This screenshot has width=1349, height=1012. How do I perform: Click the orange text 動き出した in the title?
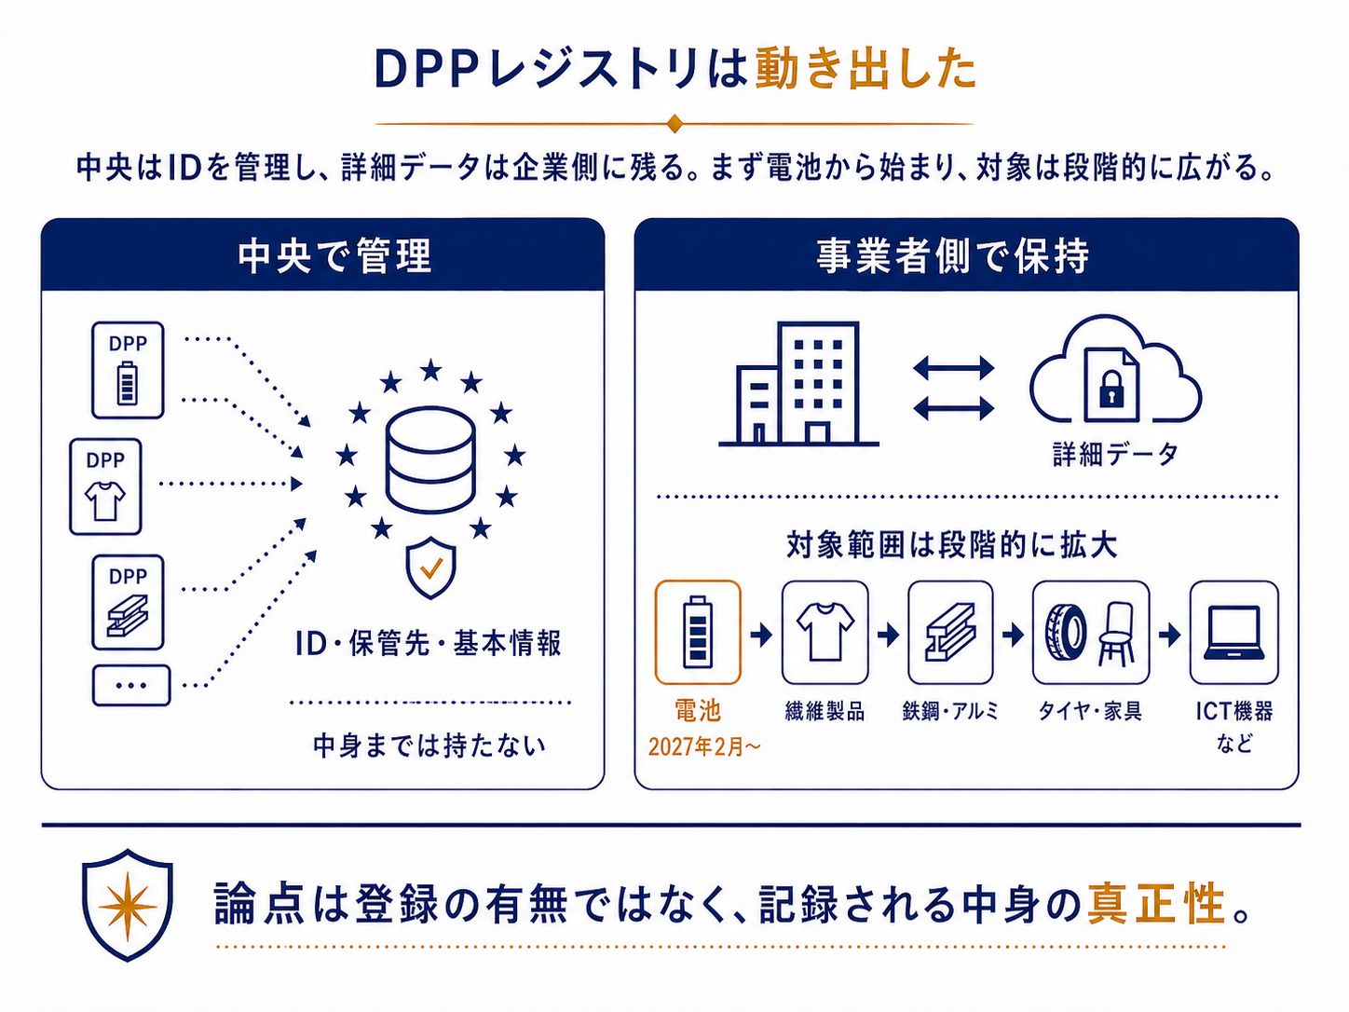tap(865, 69)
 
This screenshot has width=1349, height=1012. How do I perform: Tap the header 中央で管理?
tap(335, 255)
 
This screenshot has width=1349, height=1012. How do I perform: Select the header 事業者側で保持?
tap(953, 255)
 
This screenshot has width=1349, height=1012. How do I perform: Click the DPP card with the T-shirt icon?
tap(105, 486)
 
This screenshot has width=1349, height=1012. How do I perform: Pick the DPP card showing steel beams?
tap(128, 602)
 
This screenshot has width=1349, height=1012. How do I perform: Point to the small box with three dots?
tap(131, 685)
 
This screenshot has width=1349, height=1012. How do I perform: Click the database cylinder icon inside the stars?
tap(430, 459)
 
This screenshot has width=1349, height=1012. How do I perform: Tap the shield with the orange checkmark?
tap(430, 568)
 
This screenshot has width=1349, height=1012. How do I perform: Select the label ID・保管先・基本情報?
tap(429, 644)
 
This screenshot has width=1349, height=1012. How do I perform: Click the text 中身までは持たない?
tap(429, 745)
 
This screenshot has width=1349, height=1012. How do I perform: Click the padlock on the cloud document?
tap(1111, 389)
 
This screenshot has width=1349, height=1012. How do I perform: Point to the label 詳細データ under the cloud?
tap(1115, 455)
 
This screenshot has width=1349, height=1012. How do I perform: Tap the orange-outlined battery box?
tap(698, 633)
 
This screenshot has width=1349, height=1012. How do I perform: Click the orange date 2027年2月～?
tap(704, 747)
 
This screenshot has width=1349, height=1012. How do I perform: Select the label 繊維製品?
tap(824, 712)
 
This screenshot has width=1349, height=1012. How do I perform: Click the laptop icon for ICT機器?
tap(1234, 633)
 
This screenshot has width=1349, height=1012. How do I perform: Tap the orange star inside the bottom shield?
tap(128, 907)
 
